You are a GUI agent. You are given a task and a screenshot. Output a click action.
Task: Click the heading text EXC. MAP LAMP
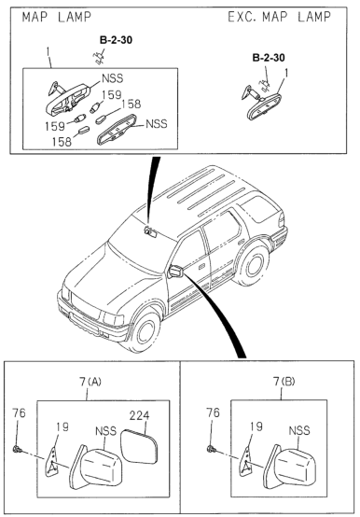(279, 17)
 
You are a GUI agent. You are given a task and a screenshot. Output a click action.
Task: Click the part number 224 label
(139, 415)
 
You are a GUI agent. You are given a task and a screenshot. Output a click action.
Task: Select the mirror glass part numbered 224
(139, 447)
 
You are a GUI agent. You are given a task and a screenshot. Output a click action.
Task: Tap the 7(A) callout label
(90, 382)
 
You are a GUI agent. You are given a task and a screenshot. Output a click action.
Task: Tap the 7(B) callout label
(284, 382)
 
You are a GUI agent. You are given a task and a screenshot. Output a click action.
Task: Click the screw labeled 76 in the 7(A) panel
(16, 449)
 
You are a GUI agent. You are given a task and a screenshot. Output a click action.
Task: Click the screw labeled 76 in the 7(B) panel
(211, 449)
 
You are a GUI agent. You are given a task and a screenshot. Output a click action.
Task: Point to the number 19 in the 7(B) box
(256, 426)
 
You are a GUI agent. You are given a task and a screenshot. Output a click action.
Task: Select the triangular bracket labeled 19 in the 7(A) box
(51, 461)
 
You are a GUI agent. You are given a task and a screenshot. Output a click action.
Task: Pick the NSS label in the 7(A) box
(105, 431)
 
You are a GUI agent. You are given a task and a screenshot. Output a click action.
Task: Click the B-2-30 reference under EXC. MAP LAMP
(269, 58)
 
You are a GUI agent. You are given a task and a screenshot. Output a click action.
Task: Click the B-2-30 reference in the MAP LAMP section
(116, 40)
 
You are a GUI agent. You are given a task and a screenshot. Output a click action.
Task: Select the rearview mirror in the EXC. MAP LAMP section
(264, 106)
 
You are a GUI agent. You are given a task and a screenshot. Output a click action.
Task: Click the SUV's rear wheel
(253, 265)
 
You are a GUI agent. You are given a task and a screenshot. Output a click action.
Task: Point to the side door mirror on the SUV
(175, 272)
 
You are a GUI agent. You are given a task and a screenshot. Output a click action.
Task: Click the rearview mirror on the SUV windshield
(150, 232)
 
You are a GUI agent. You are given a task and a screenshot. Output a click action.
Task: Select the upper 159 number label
(111, 95)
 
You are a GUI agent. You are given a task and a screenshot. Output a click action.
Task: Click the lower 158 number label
(62, 142)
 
